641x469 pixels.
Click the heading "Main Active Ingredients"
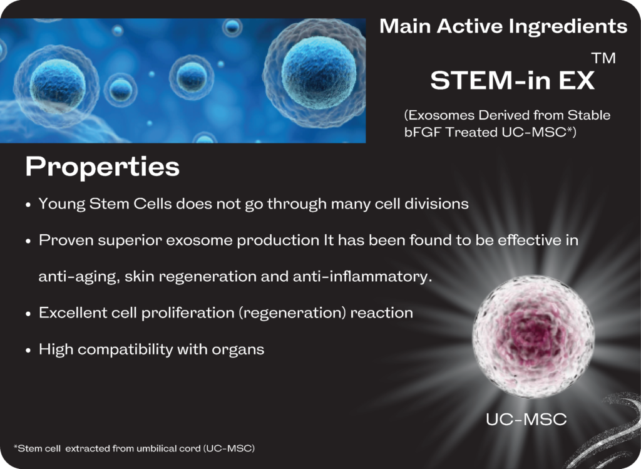[503, 26]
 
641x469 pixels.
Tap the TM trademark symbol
[603, 58]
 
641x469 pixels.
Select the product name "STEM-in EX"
[512, 80]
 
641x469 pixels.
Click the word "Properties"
[102, 167]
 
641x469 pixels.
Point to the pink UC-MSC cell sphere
[533, 336]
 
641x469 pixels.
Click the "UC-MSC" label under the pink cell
[526, 419]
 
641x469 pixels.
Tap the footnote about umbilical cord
[134, 448]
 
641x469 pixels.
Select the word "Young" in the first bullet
[62, 204]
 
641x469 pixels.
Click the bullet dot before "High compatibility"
[28, 351]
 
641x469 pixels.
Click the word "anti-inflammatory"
[362, 276]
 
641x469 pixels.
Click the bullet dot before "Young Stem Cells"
[28, 205]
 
